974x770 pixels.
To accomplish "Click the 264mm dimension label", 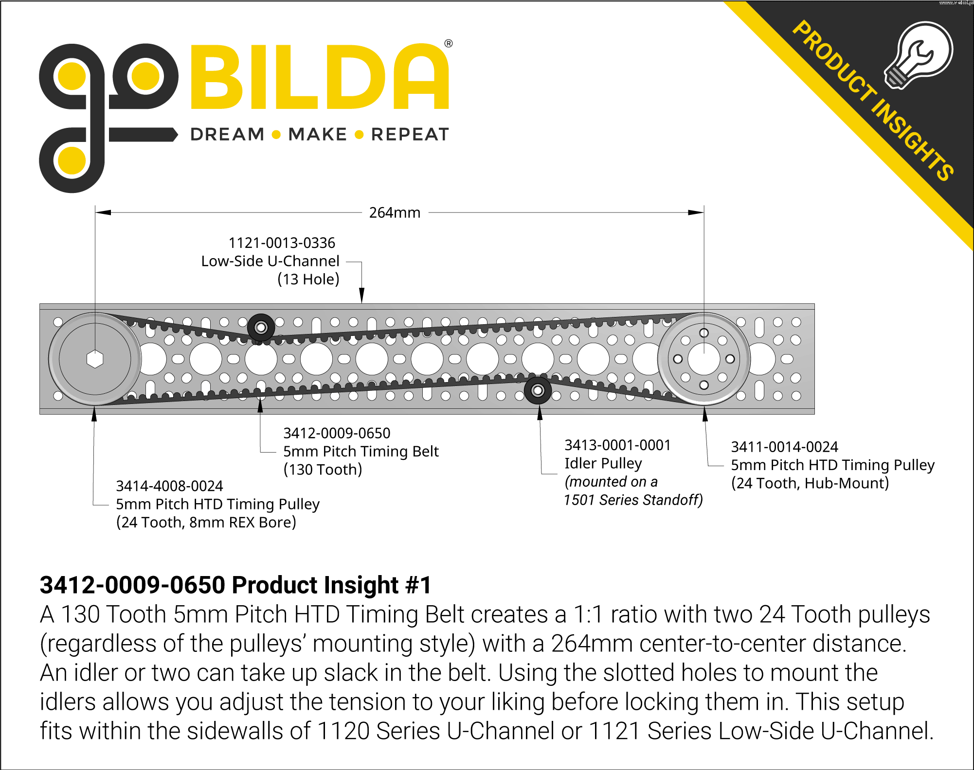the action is (395, 212).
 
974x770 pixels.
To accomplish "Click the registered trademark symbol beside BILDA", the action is (449, 43).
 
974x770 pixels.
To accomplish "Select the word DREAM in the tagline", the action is (227, 134).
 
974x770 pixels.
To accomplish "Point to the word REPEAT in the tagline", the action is (410, 134).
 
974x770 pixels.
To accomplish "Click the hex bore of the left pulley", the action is (95, 359).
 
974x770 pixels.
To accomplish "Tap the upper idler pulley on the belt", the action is (261, 328).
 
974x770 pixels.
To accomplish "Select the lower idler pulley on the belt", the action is (538, 390).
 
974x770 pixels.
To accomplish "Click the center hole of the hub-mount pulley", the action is (703, 359).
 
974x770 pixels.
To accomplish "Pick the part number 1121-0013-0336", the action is (282, 243).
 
